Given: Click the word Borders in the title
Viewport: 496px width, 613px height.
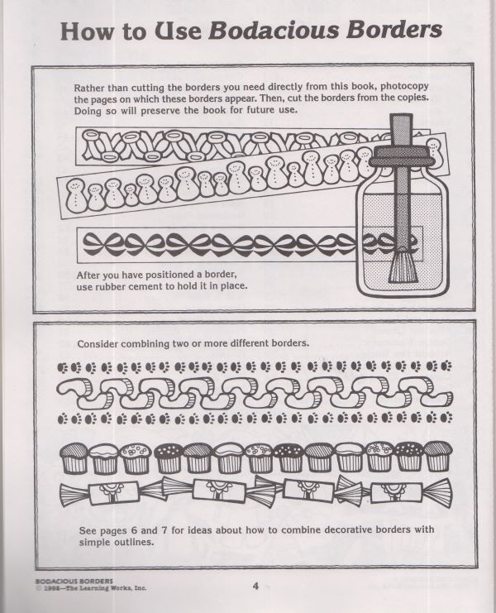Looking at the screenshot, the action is pyautogui.click(x=394, y=30).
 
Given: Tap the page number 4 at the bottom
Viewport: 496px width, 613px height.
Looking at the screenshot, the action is pyautogui.click(x=255, y=586).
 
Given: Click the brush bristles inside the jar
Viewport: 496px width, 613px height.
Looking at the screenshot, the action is pyautogui.click(x=400, y=266).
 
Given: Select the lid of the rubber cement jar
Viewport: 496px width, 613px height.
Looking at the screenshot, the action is pyautogui.click(x=401, y=157).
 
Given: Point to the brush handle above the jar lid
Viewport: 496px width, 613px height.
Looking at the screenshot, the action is pyautogui.click(x=401, y=130).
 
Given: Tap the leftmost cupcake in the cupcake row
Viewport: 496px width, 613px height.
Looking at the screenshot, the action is pyautogui.click(x=74, y=457).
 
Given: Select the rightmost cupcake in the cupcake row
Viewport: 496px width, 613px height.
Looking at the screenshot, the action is pyautogui.click(x=438, y=456).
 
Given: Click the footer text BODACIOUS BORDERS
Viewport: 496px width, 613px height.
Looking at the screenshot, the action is pyautogui.click(x=74, y=581).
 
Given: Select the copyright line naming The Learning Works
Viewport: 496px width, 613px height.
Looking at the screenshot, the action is pyautogui.click(x=91, y=587).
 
